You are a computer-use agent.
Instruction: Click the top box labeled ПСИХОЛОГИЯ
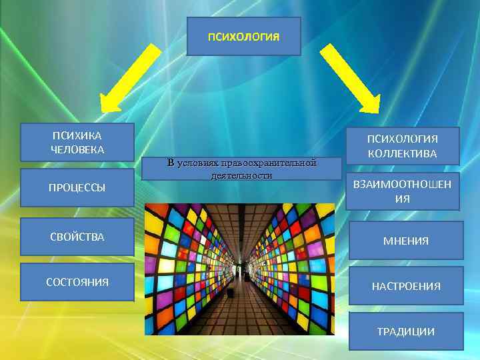tap(243, 36)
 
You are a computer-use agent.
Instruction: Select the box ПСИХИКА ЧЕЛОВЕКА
tap(77, 142)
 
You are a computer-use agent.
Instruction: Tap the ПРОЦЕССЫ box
tap(77, 187)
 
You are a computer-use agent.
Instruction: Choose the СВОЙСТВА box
tap(77, 237)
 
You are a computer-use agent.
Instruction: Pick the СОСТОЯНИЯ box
tap(77, 282)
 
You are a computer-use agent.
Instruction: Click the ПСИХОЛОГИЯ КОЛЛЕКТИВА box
tap(402, 146)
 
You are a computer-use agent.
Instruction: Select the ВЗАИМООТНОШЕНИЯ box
tap(402, 191)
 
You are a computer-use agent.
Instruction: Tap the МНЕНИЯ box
tap(405, 241)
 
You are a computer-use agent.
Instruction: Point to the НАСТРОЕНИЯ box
tap(405, 286)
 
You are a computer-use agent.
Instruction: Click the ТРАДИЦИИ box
tap(405, 331)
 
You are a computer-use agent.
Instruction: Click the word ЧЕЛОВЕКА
tap(77, 149)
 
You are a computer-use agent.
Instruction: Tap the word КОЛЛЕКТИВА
tap(402, 153)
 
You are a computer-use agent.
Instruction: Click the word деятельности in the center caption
tap(241, 175)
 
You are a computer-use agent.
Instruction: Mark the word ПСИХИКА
tap(77, 135)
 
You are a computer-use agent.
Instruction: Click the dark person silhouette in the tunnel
tap(231, 291)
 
